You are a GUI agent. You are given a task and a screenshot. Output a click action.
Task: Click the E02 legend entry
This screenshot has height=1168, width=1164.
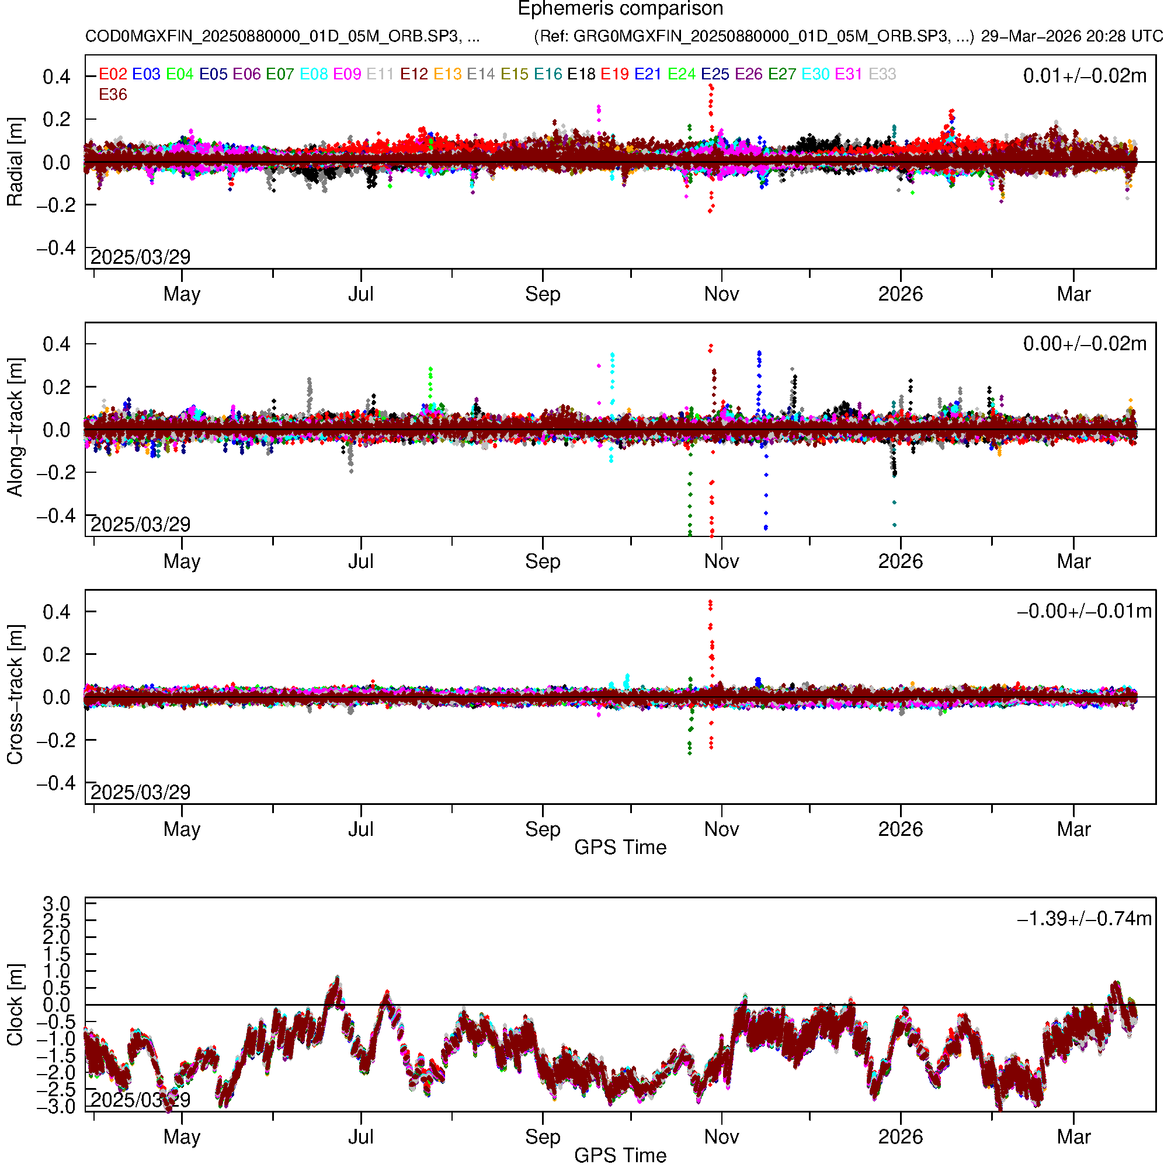(113, 74)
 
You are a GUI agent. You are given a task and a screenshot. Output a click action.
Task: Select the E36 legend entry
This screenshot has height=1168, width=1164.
(113, 95)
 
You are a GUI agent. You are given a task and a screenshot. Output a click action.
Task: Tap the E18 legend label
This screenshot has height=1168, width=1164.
(581, 74)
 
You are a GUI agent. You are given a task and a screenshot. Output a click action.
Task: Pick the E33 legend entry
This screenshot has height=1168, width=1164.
(882, 74)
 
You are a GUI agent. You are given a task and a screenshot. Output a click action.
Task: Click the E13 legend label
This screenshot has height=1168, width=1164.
(447, 74)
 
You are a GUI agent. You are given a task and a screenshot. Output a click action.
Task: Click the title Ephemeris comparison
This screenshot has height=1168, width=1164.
(620, 9)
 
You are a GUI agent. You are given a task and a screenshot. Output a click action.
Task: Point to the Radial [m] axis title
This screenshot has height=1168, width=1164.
(15, 162)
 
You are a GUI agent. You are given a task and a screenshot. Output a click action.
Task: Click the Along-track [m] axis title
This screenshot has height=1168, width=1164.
(15, 427)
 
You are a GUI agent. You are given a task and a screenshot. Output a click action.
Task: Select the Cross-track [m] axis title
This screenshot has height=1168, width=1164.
(15, 695)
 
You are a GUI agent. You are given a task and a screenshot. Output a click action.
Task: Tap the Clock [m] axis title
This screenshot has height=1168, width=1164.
(15, 1004)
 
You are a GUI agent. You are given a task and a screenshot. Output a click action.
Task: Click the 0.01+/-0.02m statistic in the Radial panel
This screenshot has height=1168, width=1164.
(1084, 76)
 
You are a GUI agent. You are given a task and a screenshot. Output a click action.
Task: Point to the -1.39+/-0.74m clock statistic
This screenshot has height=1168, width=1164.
(1084, 918)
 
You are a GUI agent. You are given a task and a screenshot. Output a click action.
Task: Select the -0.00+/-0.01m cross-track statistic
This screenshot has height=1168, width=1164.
(1084, 611)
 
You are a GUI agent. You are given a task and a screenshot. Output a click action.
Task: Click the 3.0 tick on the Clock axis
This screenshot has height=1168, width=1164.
(56, 904)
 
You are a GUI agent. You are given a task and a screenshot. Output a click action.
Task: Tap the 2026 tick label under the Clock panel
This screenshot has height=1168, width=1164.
(900, 1137)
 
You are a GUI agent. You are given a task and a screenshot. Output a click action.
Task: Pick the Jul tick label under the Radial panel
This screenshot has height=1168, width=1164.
(360, 294)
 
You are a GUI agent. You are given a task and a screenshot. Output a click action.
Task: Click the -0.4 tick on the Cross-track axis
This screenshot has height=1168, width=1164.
(56, 783)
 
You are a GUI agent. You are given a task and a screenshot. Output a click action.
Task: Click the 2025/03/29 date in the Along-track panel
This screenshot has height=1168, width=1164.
(140, 524)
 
